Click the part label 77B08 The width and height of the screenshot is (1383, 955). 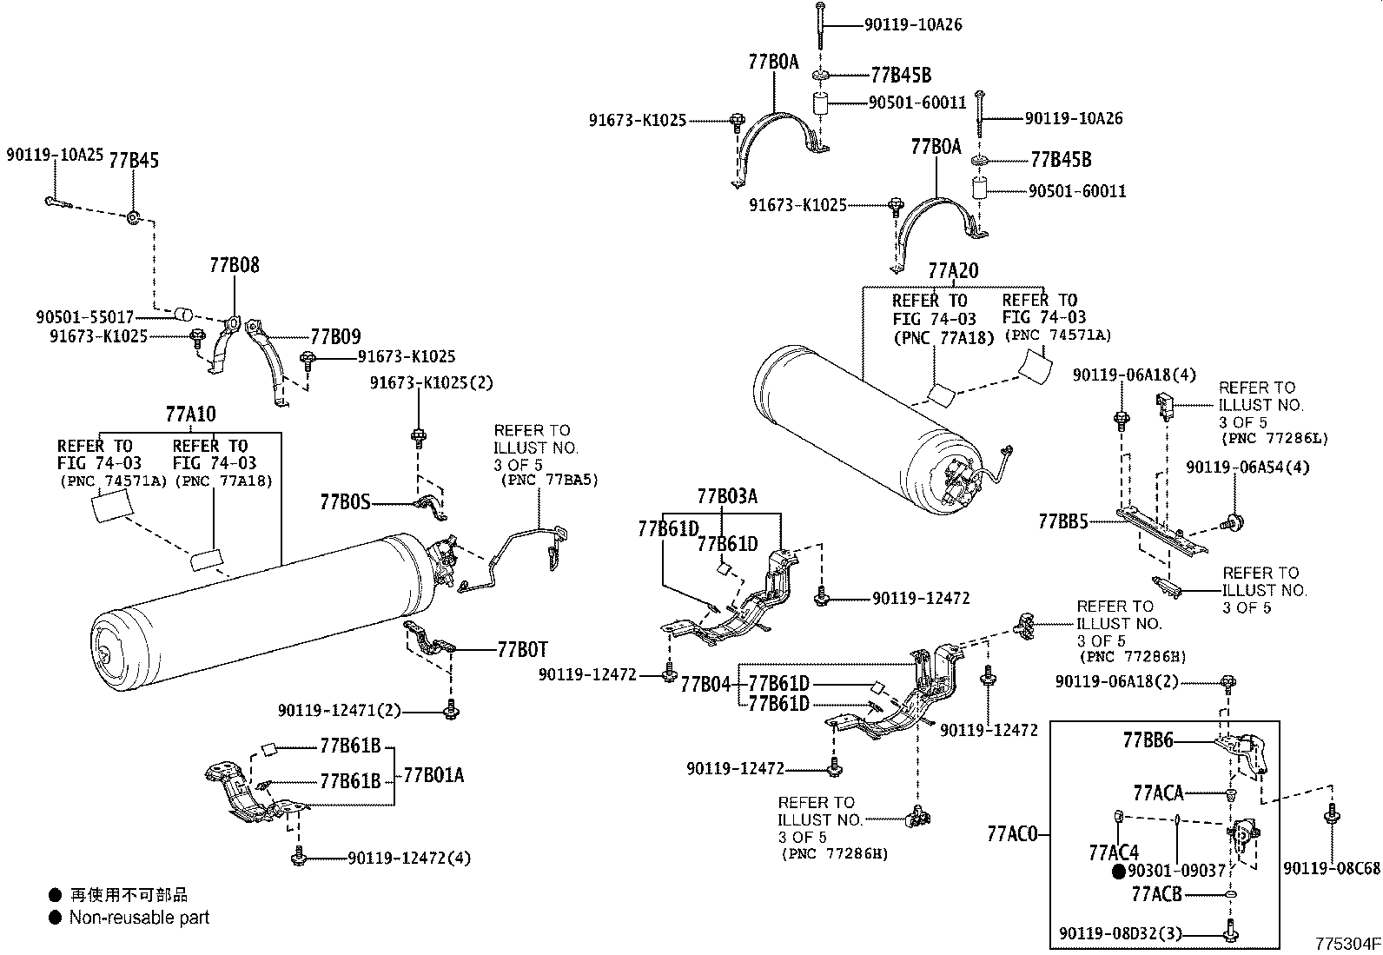[x=234, y=265]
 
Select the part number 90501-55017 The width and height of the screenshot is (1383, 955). [x=85, y=318]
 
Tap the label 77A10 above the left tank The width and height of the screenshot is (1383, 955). [x=190, y=414]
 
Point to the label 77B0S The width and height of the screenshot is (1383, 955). [x=345, y=502]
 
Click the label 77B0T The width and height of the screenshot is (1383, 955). [x=522, y=648]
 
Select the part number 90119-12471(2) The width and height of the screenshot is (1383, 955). [x=340, y=711]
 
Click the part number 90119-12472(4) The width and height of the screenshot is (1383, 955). [x=409, y=858]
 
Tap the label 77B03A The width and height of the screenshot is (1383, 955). [x=726, y=496]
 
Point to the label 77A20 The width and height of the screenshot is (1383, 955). [x=952, y=271]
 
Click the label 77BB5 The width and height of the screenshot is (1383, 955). [x=1063, y=521]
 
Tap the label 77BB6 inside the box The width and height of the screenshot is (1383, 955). [x=1148, y=740]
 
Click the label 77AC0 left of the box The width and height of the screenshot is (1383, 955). [x=1012, y=834]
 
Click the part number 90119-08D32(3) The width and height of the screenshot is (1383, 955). [x=1115, y=934]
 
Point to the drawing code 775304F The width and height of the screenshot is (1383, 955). [x=1346, y=944]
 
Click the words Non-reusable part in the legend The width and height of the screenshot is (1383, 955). [x=139, y=917]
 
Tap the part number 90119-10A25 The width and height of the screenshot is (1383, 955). [x=55, y=156]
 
